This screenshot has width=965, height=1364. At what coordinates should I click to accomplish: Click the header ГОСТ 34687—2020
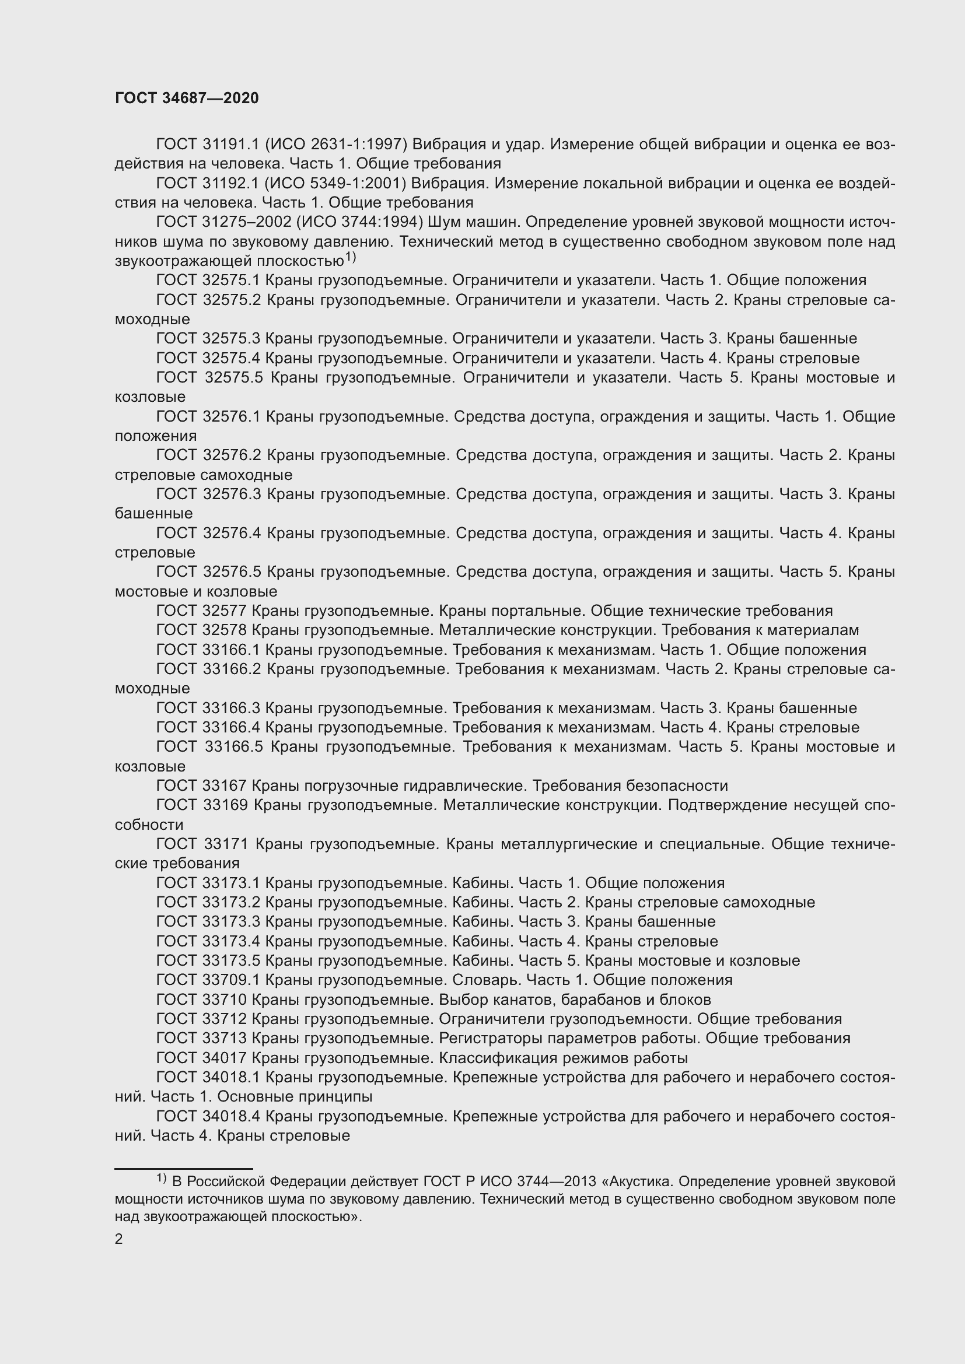pos(187,98)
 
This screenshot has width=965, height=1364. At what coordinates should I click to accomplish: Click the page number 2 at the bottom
pos(119,1239)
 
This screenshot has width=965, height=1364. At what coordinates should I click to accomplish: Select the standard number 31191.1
pos(230,145)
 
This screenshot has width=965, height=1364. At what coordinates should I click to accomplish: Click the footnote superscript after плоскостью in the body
pos(350,257)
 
